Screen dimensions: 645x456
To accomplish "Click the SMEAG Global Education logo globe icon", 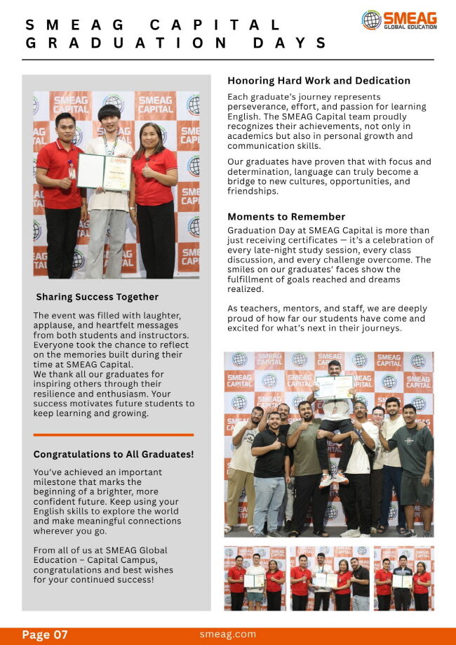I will (371, 20).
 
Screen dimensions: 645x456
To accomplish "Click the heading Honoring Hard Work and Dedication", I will (318, 81).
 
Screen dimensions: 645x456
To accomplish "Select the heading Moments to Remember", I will (286, 217).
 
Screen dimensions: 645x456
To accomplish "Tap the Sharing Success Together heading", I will (97, 297).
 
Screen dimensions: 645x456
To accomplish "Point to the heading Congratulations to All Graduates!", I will (114, 454).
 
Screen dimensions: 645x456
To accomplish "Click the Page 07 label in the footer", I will (45, 635).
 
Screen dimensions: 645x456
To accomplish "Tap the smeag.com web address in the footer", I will (228, 634).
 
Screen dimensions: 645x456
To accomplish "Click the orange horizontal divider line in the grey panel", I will (113, 435).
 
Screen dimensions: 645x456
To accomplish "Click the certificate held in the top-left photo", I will (103, 172).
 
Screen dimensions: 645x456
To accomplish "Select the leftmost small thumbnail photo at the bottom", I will (254, 578).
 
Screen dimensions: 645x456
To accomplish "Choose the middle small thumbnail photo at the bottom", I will (329, 578).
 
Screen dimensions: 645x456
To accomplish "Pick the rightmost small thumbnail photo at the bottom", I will (403, 578).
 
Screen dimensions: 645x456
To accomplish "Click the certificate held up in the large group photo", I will (334, 387).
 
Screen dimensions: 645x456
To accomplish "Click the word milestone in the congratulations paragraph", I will (58, 482).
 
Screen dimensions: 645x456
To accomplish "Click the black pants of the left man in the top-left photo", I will (64, 242).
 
